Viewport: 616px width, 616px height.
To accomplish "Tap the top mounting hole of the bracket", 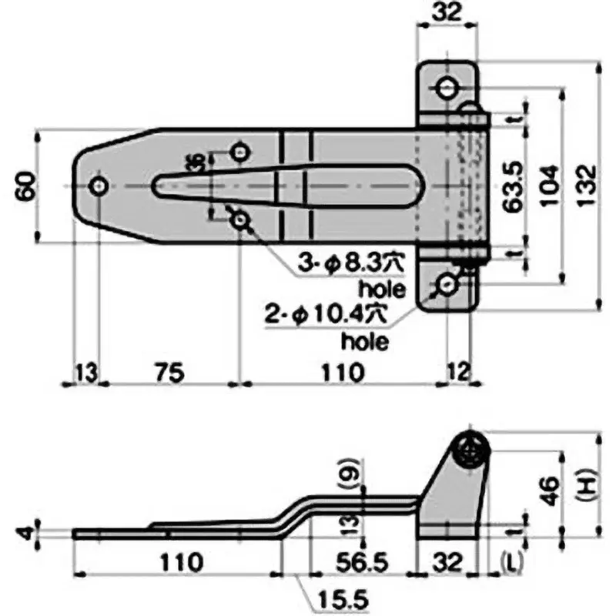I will coord(447,89).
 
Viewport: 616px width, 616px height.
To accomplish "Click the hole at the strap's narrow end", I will coord(99,186).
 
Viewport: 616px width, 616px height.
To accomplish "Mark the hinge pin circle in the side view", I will coord(469,450).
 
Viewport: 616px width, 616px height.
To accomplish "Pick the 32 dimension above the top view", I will coord(446,13).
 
